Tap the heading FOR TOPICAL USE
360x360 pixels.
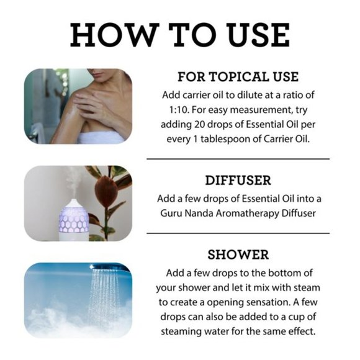[238, 77]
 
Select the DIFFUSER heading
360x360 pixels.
[238, 181]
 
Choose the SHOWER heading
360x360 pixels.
[238, 254]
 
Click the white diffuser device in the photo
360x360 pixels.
[72, 215]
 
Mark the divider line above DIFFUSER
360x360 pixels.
[238, 159]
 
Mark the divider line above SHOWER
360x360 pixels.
[238, 233]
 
